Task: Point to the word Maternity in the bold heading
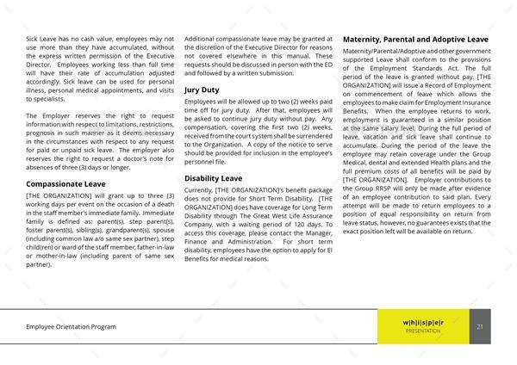coord(365,39)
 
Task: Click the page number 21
coord(479,326)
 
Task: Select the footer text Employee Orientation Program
coord(72,327)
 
